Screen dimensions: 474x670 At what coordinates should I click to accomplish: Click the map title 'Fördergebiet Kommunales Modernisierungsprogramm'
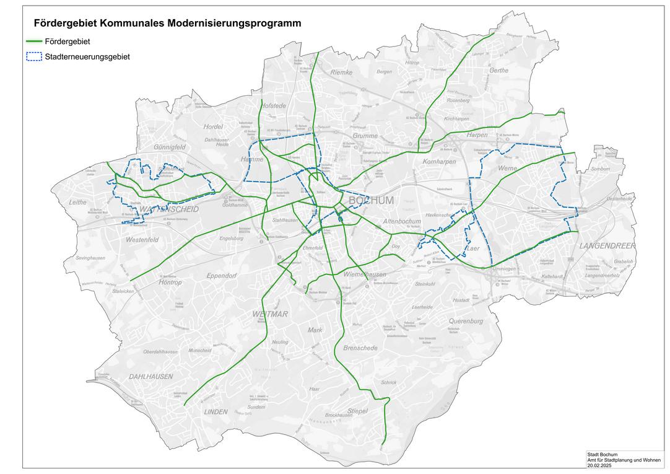167,24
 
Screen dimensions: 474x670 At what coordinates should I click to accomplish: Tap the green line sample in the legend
33,42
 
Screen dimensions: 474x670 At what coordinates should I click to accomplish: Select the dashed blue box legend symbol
33,57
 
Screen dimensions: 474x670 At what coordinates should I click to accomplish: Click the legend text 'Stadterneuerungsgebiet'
87,57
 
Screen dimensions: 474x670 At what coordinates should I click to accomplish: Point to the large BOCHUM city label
372,201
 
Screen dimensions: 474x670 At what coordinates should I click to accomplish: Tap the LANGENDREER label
607,246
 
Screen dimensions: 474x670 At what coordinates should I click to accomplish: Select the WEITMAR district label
271,315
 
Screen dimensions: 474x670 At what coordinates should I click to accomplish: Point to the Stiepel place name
357,411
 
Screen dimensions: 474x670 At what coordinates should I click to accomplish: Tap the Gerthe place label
498,71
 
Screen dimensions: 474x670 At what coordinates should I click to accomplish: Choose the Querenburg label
466,322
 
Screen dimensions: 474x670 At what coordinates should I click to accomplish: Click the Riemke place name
341,72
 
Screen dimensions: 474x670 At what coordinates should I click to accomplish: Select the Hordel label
212,126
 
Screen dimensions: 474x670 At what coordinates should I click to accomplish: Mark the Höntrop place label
170,282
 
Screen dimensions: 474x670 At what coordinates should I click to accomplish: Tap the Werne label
507,169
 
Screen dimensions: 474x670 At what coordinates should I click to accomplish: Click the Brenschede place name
360,348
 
